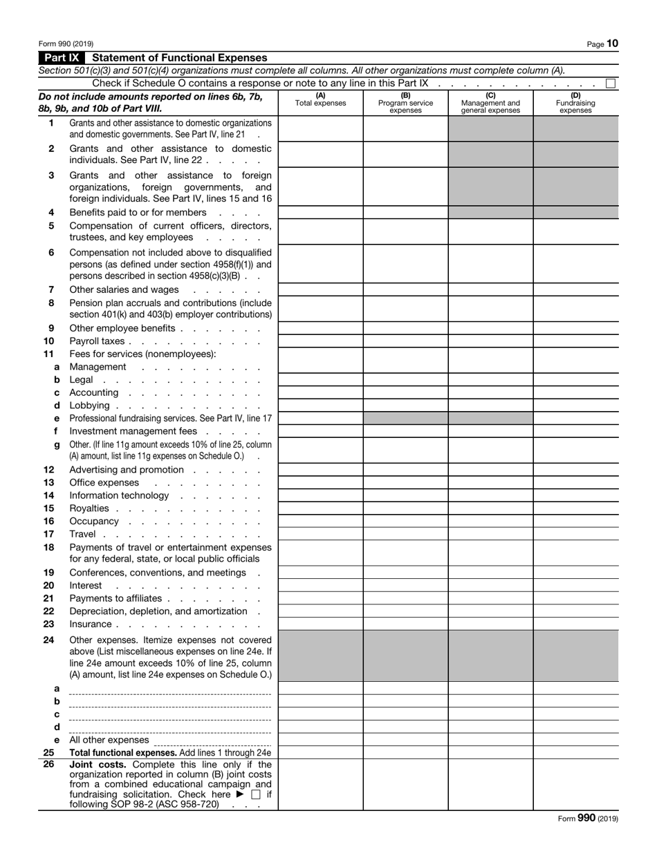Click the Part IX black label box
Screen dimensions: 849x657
62,58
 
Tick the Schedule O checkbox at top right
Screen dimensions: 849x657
611,84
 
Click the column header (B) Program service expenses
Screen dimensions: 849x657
405,103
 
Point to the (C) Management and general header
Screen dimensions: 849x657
490,103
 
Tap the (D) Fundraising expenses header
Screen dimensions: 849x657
575,103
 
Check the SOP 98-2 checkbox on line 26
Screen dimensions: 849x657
257,795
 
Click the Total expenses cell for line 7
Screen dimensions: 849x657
320,290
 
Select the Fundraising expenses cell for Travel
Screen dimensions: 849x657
575,534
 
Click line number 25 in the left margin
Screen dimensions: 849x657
49,752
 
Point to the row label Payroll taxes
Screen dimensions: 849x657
97,341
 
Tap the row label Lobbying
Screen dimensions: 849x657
89,406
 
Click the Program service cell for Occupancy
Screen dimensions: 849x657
405,522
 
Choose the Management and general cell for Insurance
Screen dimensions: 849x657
490,624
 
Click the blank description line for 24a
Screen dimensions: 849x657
170,689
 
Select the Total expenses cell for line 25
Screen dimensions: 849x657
320,752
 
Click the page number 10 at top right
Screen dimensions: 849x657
612,44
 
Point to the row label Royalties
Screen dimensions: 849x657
89,508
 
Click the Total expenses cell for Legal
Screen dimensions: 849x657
320,380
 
